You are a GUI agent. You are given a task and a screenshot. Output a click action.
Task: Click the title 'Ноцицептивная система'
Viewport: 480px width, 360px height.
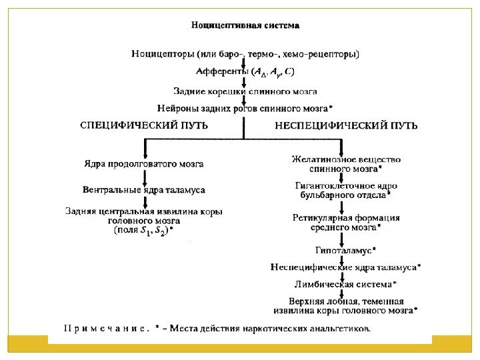pyautogui.click(x=245, y=26)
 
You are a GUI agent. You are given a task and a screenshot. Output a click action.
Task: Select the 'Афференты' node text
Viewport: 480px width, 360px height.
pyautogui.click(x=222, y=71)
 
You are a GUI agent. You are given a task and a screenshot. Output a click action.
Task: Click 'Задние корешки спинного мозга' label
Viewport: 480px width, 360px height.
pyautogui.click(x=245, y=91)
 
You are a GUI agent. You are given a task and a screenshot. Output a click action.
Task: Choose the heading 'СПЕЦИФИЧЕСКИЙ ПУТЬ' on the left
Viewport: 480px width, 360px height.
pyautogui.click(x=144, y=125)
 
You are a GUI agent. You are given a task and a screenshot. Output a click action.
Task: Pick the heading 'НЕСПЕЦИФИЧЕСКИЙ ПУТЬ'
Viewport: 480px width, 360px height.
pyautogui.click(x=347, y=125)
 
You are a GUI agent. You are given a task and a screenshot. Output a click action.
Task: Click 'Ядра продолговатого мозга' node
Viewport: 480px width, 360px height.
pyautogui.click(x=144, y=163)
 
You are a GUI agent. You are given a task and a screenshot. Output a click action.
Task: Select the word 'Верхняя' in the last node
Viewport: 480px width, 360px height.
pyautogui.click(x=306, y=301)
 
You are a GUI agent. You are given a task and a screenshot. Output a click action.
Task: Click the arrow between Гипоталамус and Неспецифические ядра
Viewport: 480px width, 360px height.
pyautogui.click(x=342, y=259)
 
